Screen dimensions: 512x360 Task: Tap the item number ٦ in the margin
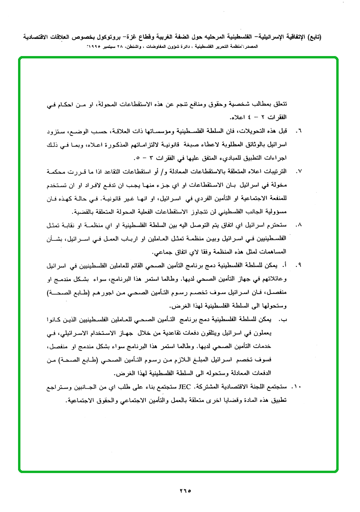point(298,130)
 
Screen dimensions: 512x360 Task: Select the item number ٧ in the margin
point(298,170)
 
